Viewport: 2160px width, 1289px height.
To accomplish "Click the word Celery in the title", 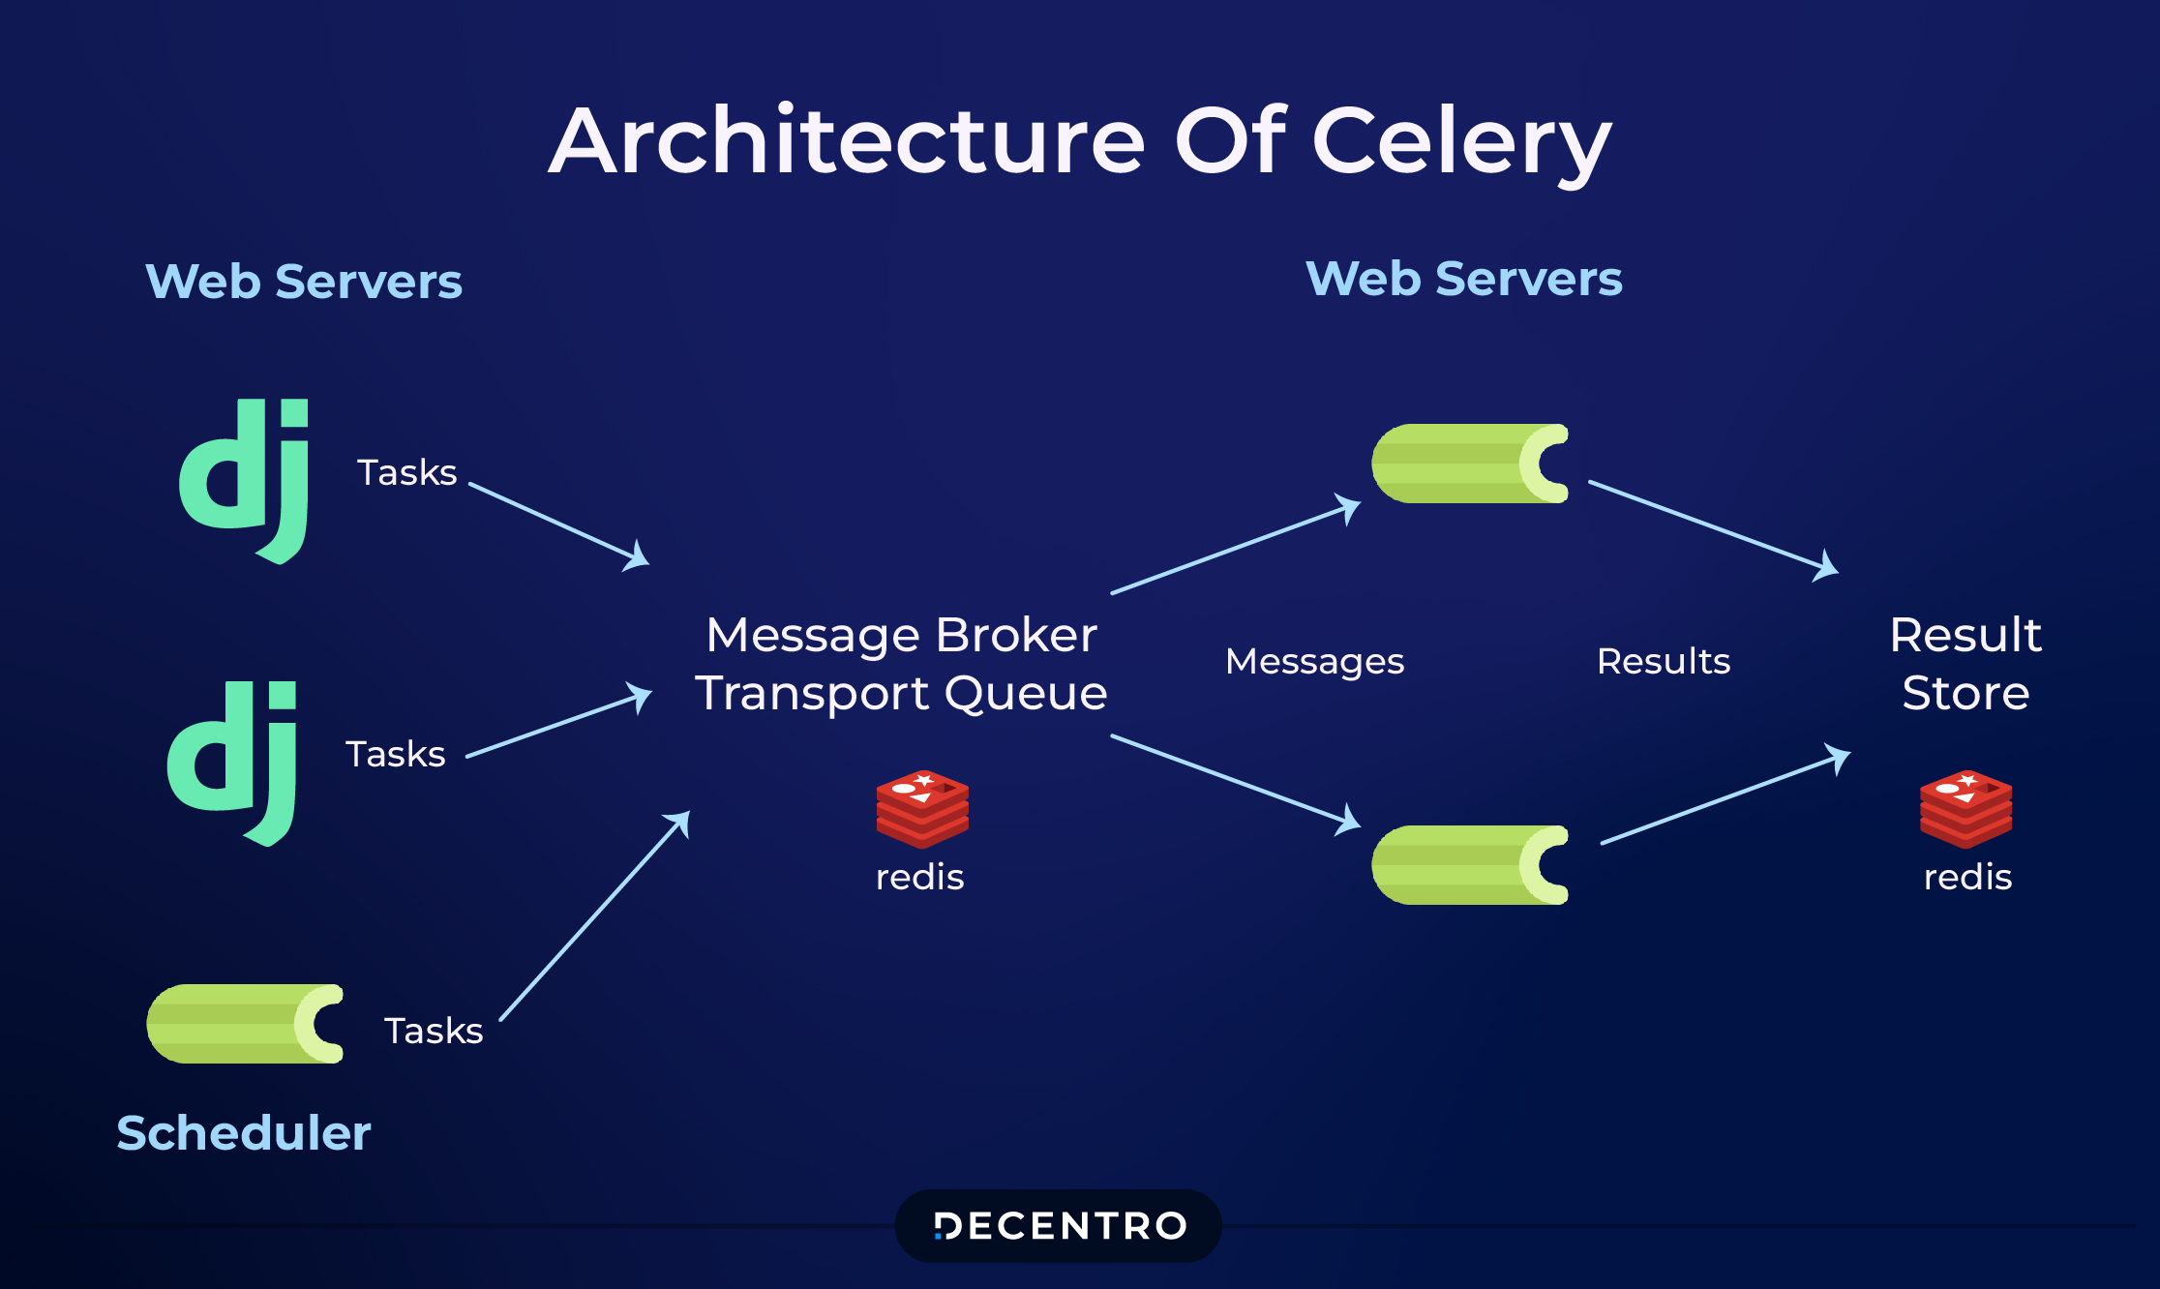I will tap(1461, 143).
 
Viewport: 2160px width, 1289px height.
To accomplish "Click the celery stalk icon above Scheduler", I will tap(246, 1024).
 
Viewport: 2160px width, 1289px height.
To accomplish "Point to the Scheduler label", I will tap(244, 1133).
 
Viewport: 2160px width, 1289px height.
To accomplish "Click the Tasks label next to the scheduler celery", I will tap(434, 1031).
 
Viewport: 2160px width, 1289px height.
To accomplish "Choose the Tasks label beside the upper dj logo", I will tap(406, 472).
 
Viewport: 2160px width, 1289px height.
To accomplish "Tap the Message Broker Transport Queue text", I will tap(901, 664).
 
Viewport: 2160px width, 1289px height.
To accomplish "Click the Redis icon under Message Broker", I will tap(922, 808).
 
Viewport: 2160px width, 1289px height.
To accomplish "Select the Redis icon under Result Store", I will tap(1965, 808).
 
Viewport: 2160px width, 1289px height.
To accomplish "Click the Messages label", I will tap(1314, 661).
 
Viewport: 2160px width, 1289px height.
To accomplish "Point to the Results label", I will tap(1663, 661).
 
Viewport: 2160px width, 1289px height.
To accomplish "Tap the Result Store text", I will tap(1965, 664).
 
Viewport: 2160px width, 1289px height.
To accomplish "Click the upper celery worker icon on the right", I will tap(1470, 464).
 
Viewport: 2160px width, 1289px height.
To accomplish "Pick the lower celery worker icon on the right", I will tap(1470, 865).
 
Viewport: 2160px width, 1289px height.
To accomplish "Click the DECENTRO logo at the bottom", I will tap(1059, 1226).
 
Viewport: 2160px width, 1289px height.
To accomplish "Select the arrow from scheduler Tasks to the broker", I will tap(594, 916).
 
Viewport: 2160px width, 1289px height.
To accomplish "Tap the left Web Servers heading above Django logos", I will tap(304, 282).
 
